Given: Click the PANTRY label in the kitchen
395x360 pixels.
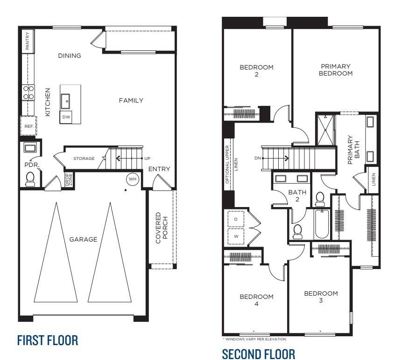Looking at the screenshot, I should pyautogui.click(x=28, y=41).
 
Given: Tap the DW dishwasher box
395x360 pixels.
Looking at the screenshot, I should pyautogui.click(x=66, y=117).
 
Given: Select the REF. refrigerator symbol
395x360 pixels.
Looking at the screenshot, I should pyautogui.click(x=27, y=126).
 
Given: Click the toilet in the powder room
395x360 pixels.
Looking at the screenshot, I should pyautogui.click(x=30, y=179).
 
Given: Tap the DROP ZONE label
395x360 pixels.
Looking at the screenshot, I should pyautogui.click(x=68, y=180).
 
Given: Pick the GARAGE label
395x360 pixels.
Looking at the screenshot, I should pyautogui.click(x=83, y=239).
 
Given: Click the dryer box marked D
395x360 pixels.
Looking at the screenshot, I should pyautogui.click(x=236, y=219).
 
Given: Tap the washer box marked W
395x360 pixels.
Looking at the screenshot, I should pyautogui.click(x=236, y=236).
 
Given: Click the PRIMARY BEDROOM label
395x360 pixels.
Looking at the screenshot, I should pyautogui.click(x=336, y=70).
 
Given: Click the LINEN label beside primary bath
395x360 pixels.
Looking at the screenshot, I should pyautogui.click(x=374, y=180).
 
